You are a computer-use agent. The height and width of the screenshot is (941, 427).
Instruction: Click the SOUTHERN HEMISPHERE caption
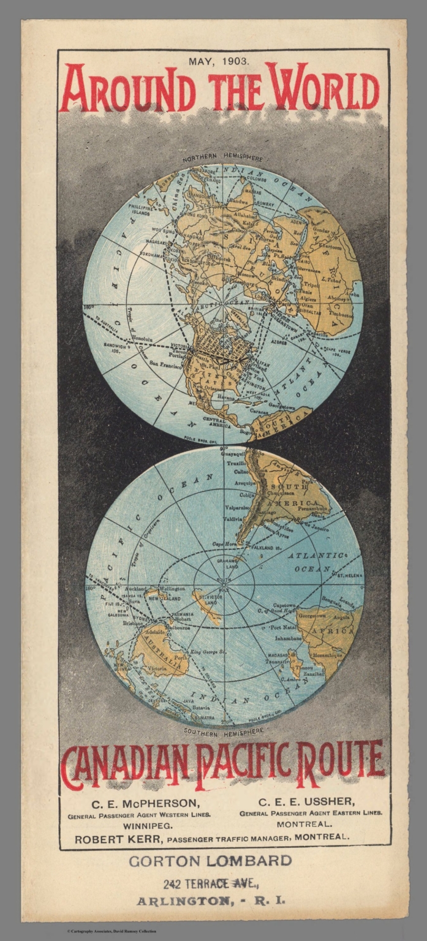[x=224, y=730]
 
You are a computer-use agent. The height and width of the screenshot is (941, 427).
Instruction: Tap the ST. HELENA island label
[x=347, y=576]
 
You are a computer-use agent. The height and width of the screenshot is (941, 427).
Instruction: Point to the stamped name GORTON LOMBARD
[x=210, y=861]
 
